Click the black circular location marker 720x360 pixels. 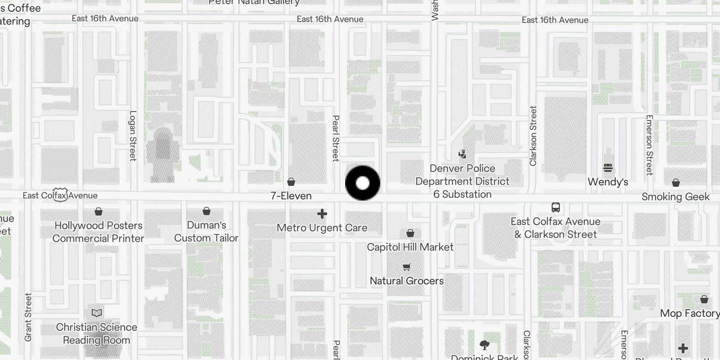point(362,183)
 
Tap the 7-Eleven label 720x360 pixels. point(291,196)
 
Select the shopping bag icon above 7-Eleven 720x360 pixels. point(291,182)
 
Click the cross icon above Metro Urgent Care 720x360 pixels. point(322,214)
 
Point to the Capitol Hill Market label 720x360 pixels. point(410,247)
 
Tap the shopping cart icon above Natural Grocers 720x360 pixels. point(407,267)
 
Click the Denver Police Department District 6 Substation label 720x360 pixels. point(462,181)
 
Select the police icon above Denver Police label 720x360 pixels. point(462,154)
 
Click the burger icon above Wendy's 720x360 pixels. point(608,168)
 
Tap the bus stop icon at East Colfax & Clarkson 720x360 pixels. point(556,207)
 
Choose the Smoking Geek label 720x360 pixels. point(675,197)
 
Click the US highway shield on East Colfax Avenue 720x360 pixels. point(60,195)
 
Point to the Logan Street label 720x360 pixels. point(133,135)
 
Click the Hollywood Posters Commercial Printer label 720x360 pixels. point(99,232)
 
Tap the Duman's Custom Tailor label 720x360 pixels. point(206,231)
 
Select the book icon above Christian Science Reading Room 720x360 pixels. point(97,313)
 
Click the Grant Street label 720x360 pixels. point(28,317)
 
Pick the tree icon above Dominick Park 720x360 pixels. point(485,345)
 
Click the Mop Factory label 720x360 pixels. point(689,313)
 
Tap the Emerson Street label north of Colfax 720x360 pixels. point(649,144)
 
